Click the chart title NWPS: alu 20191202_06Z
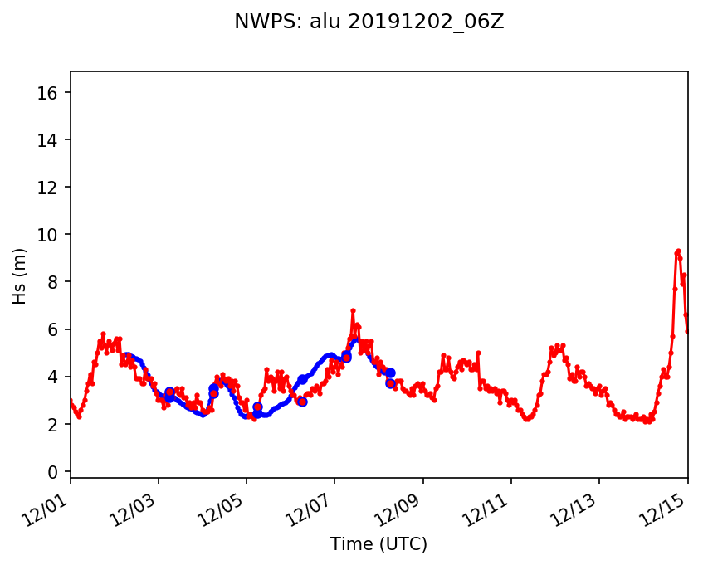click(369, 22)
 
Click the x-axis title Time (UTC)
click(378, 544)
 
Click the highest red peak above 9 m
click(678, 251)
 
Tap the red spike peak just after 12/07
click(353, 310)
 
